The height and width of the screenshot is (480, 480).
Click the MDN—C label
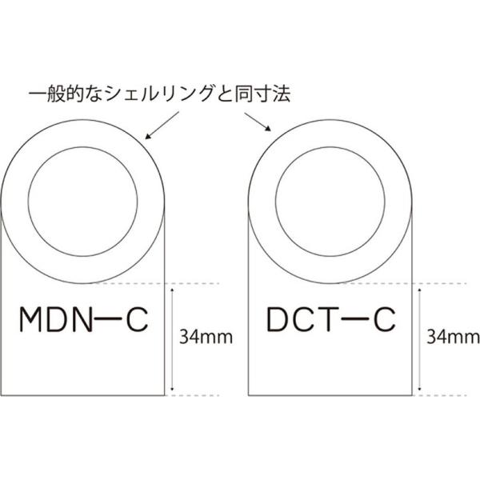click(84, 319)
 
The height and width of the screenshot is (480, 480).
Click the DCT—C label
click(331, 319)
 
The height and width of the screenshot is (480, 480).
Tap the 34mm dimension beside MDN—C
click(206, 337)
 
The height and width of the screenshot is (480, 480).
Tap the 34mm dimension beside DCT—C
click(453, 337)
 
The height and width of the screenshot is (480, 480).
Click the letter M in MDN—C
click(30, 319)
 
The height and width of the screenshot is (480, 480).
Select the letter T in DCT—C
click(326, 319)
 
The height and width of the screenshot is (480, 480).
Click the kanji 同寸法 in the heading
click(262, 94)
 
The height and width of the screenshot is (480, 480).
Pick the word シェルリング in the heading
click(159, 94)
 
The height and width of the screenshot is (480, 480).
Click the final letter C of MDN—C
click(138, 319)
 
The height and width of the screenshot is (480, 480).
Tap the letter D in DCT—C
click(278, 319)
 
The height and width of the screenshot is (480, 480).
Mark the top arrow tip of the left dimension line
click(172, 288)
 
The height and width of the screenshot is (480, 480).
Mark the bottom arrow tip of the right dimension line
click(420, 390)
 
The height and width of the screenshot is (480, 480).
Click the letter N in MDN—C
click(82, 319)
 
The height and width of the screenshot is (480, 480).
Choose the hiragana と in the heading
click(224, 94)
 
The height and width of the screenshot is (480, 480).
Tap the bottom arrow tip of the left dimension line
click(172, 390)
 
